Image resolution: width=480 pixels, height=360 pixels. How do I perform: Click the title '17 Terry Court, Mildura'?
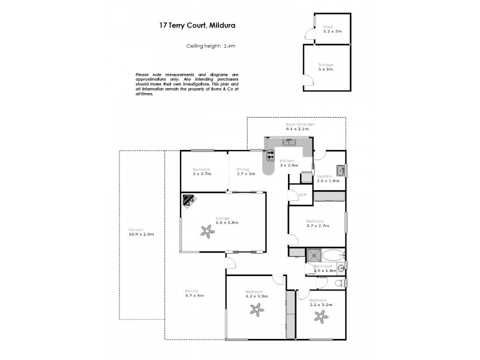point(188,25)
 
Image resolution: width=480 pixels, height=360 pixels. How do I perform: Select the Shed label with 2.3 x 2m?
point(328,29)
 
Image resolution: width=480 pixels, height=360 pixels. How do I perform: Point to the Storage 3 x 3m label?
point(325,67)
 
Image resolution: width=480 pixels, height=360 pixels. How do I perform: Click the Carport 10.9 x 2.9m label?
point(141,232)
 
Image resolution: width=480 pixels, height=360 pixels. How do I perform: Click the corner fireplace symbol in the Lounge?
point(189,200)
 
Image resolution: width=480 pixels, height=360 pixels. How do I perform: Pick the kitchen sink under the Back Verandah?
point(289,142)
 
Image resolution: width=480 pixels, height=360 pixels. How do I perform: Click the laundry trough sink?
point(340,170)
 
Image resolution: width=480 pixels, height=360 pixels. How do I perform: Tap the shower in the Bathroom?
point(314,256)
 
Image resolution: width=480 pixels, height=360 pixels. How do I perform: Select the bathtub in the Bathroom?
point(334,255)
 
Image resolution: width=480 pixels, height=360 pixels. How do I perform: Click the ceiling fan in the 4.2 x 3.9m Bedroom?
point(256,310)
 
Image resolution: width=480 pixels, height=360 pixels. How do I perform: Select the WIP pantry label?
point(302,195)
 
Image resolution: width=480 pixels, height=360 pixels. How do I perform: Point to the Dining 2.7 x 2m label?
point(246,172)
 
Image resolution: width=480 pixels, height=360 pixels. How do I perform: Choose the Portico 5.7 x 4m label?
point(194,293)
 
